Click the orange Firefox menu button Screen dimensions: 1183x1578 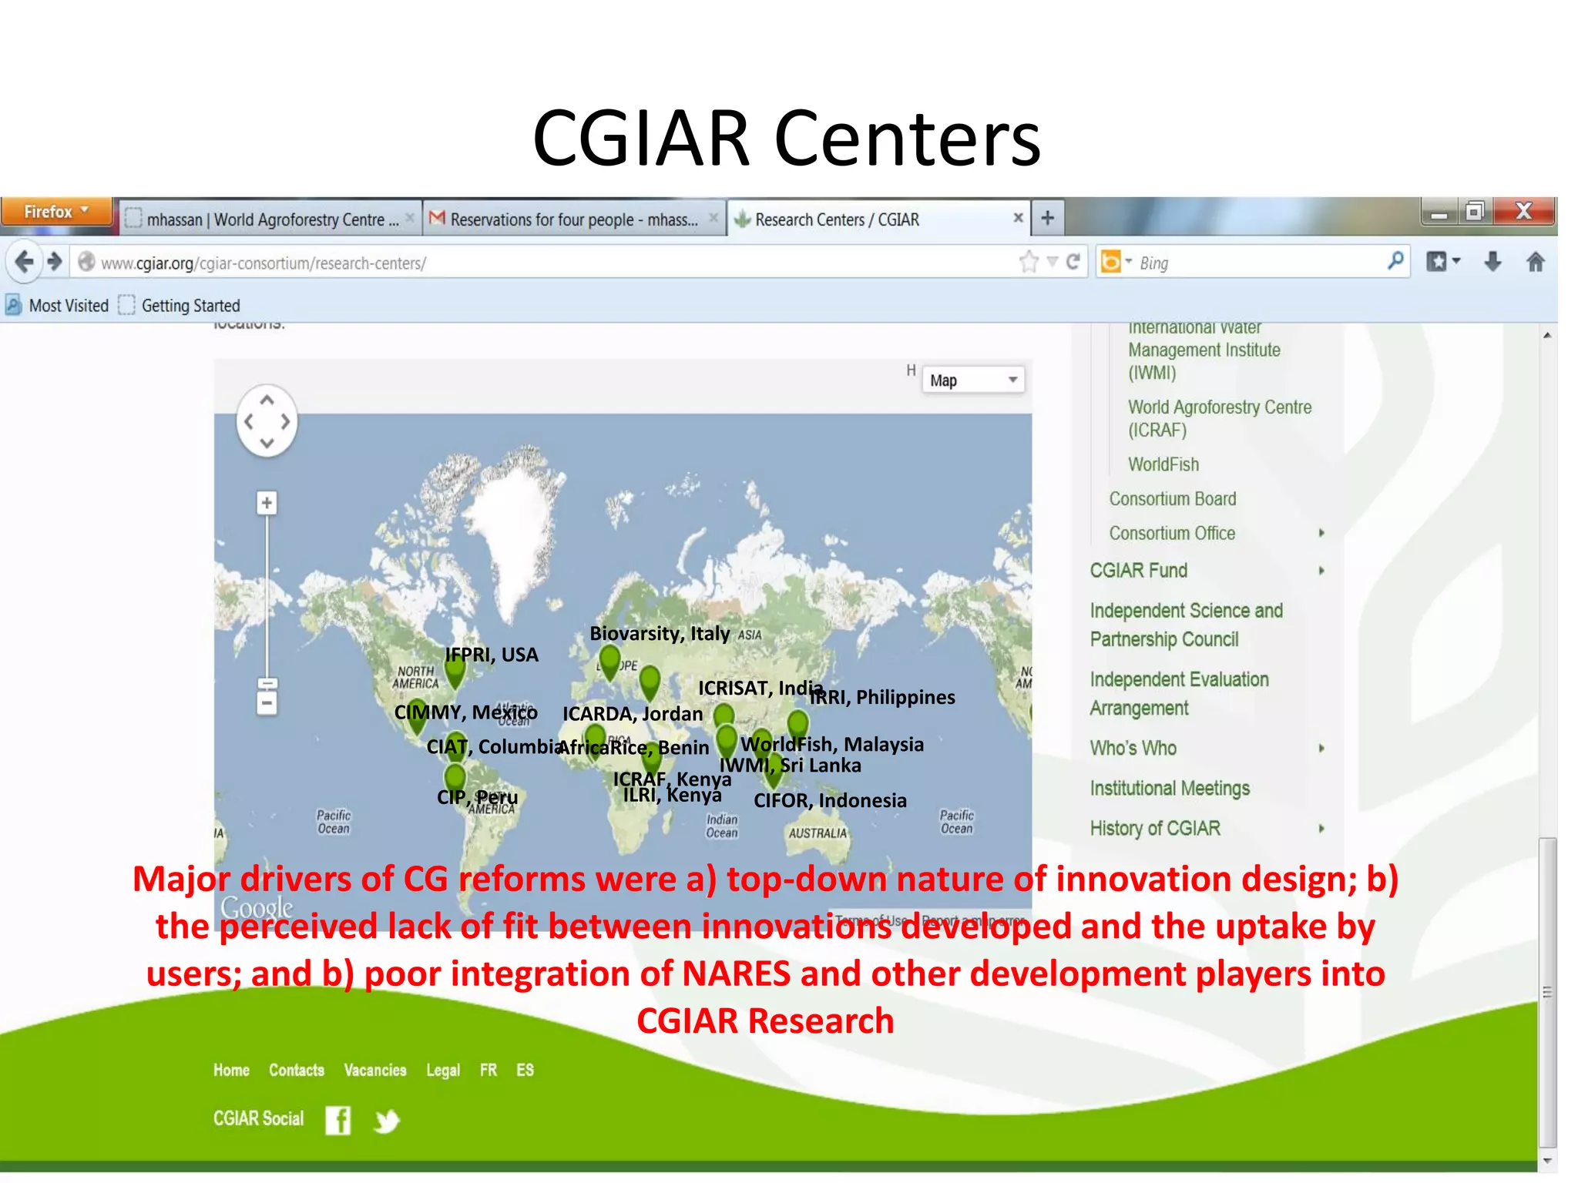tap(55, 212)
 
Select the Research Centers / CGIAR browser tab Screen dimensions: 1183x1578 tap(836, 220)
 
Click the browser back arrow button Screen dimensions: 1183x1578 tap(25, 263)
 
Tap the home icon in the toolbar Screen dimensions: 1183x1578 tap(1535, 263)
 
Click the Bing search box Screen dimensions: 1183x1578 tap(1264, 263)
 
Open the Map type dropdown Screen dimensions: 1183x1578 tap(973, 380)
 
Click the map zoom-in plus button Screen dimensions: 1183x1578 tap(267, 504)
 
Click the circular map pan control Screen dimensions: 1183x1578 tap(267, 421)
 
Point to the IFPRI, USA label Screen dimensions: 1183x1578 tap(492, 655)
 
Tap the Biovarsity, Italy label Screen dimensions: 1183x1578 tap(660, 634)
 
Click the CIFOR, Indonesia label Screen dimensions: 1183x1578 tap(830, 801)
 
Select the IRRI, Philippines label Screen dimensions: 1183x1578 tap(882, 697)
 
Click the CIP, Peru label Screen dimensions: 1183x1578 tap(477, 797)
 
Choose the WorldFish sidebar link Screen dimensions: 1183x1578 tap(1163, 464)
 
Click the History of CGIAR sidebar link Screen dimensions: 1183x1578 tap(1155, 829)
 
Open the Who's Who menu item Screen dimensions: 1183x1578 tap(1133, 749)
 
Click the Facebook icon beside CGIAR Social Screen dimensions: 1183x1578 tap(337, 1120)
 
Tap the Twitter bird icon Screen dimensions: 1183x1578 tap(386, 1121)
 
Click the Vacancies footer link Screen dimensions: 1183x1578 tap(375, 1071)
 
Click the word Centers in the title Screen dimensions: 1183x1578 tap(907, 139)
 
